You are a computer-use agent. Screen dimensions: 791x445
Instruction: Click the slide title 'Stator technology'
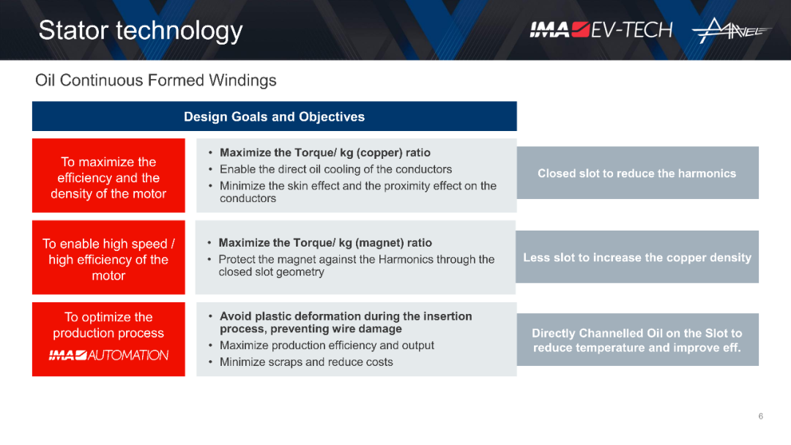click(x=140, y=31)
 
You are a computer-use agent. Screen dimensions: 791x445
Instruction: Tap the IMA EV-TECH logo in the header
click(x=601, y=30)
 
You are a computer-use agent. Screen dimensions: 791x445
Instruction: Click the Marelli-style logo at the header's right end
click(x=732, y=30)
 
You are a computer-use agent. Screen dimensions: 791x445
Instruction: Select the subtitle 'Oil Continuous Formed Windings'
click(x=155, y=80)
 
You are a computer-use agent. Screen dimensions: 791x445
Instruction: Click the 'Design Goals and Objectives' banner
click(x=275, y=116)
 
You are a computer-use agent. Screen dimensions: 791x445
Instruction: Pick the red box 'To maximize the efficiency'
click(x=108, y=176)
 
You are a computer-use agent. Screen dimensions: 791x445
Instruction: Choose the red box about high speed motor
click(x=108, y=258)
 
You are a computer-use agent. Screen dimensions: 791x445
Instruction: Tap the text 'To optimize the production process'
click(x=108, y=325)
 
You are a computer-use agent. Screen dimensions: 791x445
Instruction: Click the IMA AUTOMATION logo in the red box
click(x=108, y=355)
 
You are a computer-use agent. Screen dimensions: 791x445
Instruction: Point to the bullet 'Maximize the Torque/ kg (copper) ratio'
click(x=325, y=153)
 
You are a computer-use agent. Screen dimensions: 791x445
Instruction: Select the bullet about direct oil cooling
click(x=335, y=169)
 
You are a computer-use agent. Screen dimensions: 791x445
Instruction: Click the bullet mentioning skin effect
click(x=357, y=192)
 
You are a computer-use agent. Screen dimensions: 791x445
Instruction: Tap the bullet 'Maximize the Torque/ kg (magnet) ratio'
click(x=325, y=243)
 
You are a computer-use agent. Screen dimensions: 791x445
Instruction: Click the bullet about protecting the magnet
click(x=356, y=266)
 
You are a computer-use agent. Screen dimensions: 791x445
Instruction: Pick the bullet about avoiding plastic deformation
click(x=346, y=323)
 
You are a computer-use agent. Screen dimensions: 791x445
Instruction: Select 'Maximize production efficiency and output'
click(x=327, y=345)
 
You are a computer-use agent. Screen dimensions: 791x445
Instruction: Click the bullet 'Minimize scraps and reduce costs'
click(x=305, y=362)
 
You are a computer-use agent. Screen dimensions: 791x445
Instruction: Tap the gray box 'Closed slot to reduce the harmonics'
click(x=638, y=173)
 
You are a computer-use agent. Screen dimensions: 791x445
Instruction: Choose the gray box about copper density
click(x=637, y=257)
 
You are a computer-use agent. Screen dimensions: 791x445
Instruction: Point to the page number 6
click(x=761, y=416)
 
